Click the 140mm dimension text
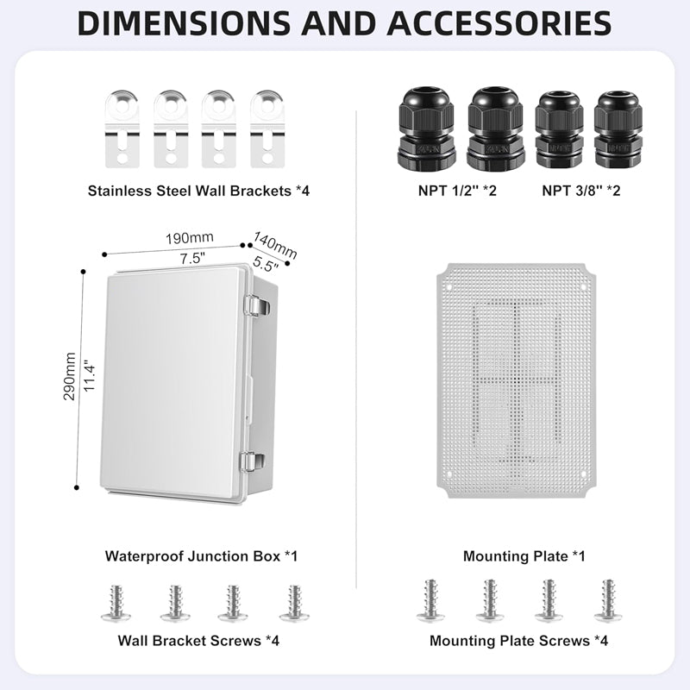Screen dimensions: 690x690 (x=275, y=242)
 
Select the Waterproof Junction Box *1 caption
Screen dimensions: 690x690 (x=201, y=556)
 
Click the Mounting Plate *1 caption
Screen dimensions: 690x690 (x=524, y=556)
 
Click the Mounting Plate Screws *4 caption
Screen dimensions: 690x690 (x=518, y=641)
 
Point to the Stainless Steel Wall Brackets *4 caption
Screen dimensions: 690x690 (x=198, y=190)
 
